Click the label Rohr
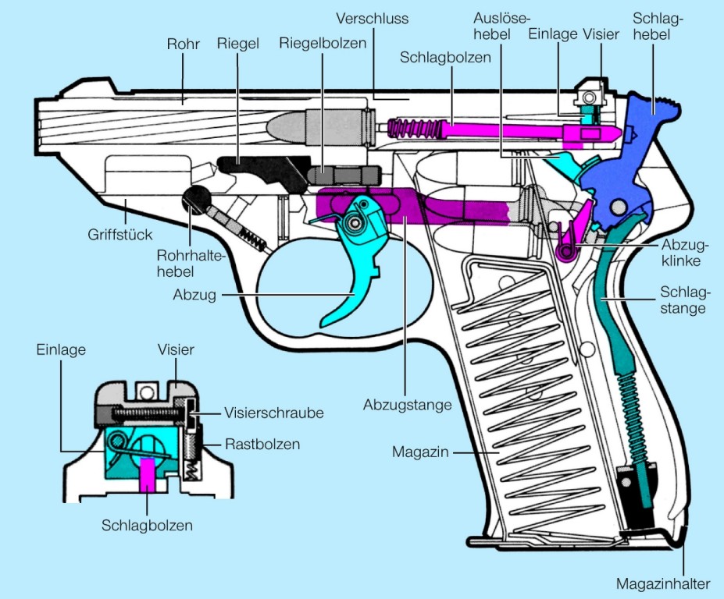[184, 44]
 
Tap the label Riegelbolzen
[323, 44]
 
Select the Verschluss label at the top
[373, 17]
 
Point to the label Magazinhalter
[663, 583]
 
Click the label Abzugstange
[408, 405]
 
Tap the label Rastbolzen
[262, 445]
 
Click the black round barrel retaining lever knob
[196, 200]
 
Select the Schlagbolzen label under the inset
[147, 525]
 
